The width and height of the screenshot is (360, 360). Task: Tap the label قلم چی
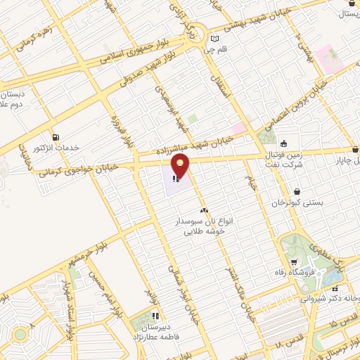click(227, 51)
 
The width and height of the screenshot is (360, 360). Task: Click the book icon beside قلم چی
click(215, 39)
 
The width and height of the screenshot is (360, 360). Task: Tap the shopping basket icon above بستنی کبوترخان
click(297, 191)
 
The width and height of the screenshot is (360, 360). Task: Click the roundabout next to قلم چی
click(197, 33)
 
